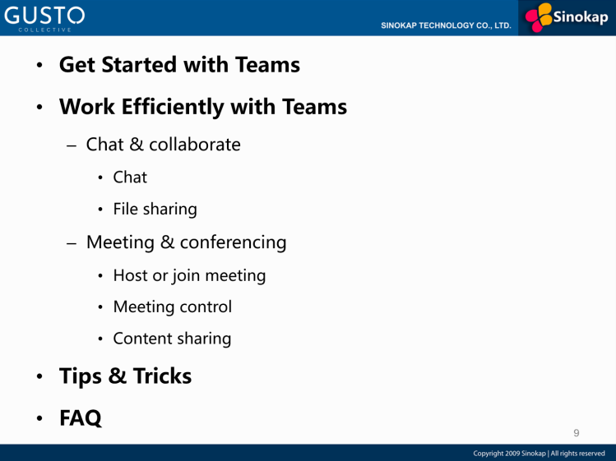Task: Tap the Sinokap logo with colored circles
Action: pos(567,17)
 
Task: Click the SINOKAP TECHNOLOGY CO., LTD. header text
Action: pos(446,25)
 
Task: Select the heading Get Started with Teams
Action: pos(179,65)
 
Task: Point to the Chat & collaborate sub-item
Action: pos(163,145)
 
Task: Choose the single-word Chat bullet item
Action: pos(130,177)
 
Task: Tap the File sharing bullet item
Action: pos(155,210)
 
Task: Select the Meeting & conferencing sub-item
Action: pos(186,242)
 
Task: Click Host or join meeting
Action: pos(189,275)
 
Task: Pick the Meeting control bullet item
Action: pos(172,307)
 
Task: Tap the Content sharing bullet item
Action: pos(172,339)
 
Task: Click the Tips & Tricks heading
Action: pos(125,376)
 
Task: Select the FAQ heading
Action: pos(81,418)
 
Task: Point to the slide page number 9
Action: pos(576,432)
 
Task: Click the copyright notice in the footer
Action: pos(539,454)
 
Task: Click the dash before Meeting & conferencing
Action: pos(72,243)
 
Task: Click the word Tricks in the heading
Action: pos(162,376)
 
